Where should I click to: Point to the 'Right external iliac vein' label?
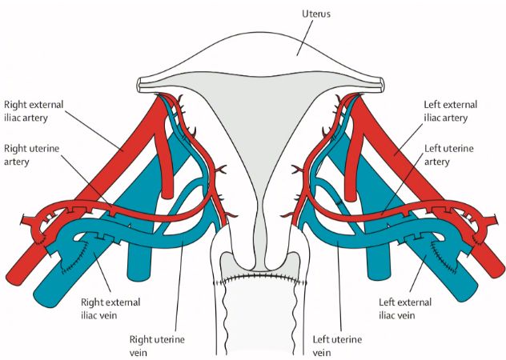click(110, 309)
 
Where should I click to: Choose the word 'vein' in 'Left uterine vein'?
click(323, 352)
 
